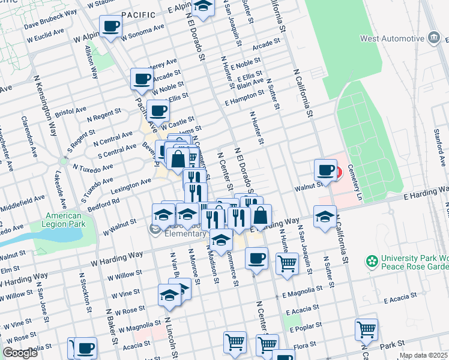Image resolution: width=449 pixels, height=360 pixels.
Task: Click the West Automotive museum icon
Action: (x=433, y=39)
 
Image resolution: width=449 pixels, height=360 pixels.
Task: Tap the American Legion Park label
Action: (x=65, y=220)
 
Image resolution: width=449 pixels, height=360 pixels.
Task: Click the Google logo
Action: (x=20, y=353)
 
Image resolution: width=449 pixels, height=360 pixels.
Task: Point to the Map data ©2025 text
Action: (x=423, y=355)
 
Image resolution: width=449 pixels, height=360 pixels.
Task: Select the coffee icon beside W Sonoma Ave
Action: (x=111, y=27)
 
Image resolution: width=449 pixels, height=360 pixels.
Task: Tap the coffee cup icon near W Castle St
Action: (x=158, y=111)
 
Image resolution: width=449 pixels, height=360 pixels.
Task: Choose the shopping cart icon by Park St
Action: (x=366, y=329)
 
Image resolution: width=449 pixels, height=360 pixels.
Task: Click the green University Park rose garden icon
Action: (x=372, y=262)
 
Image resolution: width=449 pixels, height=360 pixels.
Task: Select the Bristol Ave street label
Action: (x=71, y=112)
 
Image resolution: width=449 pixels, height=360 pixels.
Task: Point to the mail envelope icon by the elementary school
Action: (x=155, y=227)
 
